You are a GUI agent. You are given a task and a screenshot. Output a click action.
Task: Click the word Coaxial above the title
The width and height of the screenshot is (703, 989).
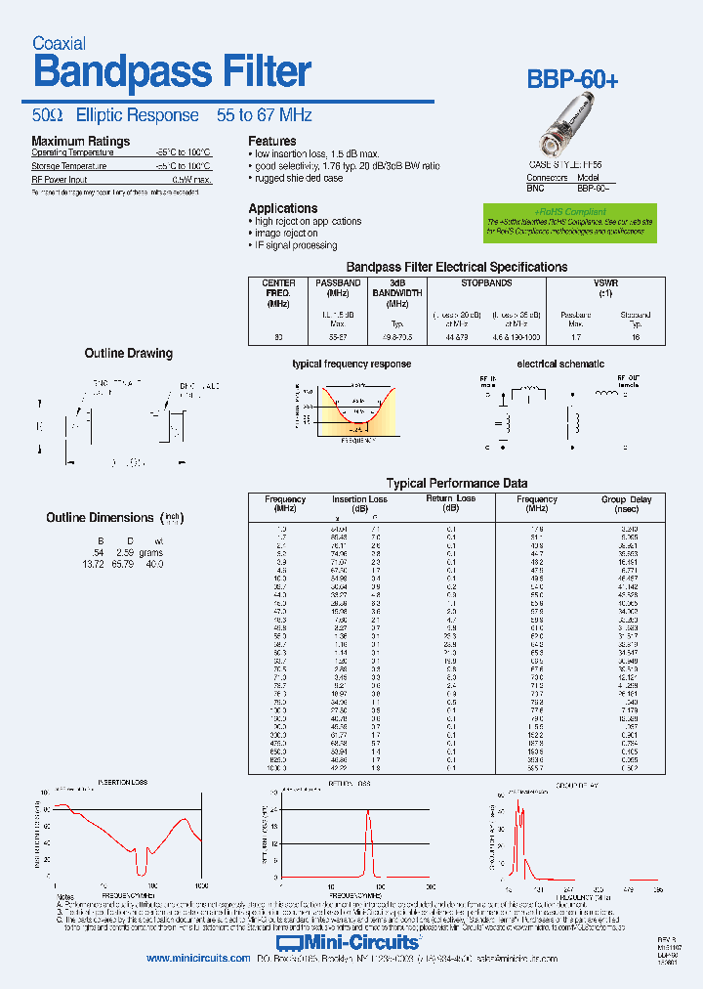[60, 43]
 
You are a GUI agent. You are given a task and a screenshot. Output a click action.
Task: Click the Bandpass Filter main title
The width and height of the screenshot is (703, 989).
[172, 72]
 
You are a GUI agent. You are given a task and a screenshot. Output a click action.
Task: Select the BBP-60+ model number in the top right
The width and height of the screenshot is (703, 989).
[573, 81]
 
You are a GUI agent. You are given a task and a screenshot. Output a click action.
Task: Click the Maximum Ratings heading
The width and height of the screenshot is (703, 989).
[80, 142]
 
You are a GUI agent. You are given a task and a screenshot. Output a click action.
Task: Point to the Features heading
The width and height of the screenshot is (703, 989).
[272, 142]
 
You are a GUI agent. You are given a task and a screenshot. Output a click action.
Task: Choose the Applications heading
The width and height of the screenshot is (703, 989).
[282, 208]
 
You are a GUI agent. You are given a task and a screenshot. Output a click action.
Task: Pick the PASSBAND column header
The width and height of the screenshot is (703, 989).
[338, 287]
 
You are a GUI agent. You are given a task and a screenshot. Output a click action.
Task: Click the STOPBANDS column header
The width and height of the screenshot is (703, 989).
[486, 283]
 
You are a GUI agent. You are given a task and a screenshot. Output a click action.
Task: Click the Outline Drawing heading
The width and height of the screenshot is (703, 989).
[128, 353]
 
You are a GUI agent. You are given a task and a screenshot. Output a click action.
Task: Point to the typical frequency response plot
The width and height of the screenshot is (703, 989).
[350, 409]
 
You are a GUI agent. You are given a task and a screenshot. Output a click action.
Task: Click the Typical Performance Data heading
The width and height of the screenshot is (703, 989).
[457, 483]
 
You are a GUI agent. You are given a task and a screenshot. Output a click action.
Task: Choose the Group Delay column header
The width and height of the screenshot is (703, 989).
[626, 499]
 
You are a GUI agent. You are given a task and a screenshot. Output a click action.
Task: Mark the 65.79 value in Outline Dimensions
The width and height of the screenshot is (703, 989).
[122, 565]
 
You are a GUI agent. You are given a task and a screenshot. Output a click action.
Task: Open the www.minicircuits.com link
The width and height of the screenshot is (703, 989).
[198, 959]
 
